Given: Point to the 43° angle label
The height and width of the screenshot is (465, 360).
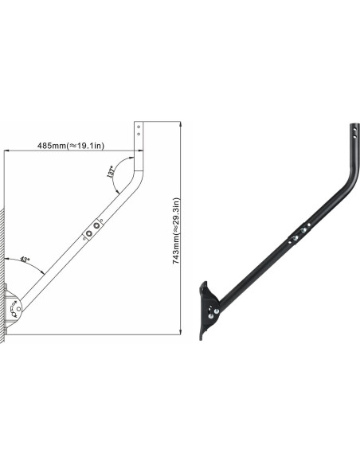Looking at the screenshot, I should click(x=25, y=260).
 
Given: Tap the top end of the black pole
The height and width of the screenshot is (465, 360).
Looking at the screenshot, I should click(x=352, y=128).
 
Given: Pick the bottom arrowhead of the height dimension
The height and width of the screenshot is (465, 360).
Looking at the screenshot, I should click(x=181, y=332).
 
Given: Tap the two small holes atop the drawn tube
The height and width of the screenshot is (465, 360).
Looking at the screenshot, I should click(x=140, y=130).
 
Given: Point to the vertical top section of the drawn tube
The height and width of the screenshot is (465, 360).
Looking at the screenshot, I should click(x=140, y=143).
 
